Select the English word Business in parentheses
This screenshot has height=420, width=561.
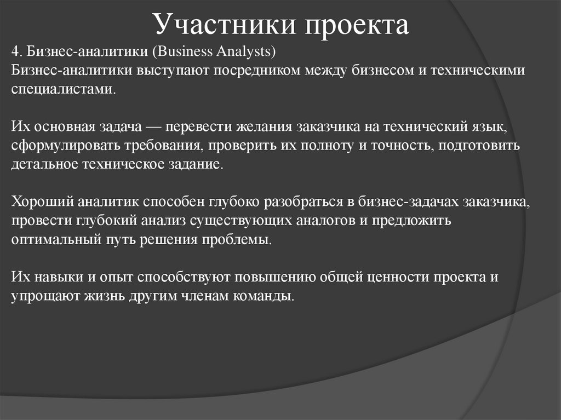pyautogui.click(x=184, y=53)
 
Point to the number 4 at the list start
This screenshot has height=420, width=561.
pyautogui.click(x=15, y=53)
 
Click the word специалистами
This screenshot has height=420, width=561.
pyautogui.click(x=62, y=89)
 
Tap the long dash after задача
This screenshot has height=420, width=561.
pyautogui.click(x=155, y=128)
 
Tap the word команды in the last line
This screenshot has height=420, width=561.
pyautogui.click(x=267, y=296)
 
